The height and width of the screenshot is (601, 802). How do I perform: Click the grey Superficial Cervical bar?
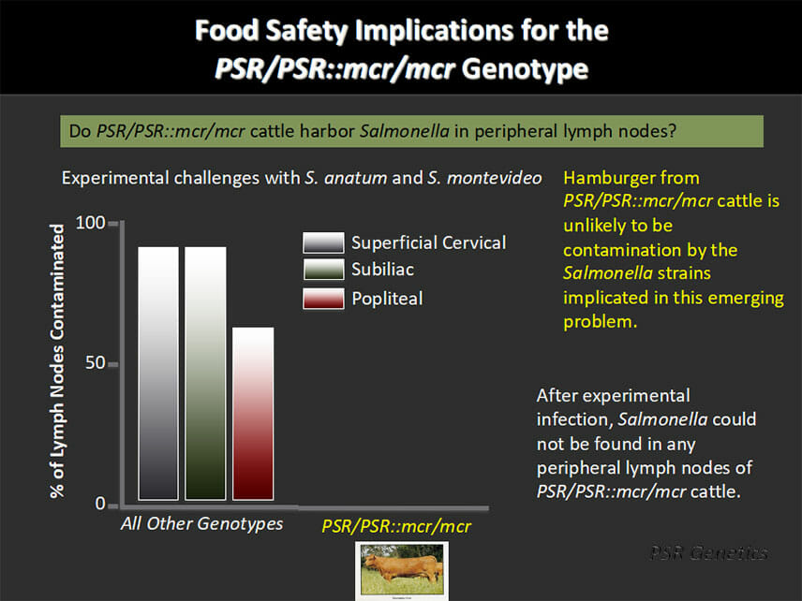[158, 374]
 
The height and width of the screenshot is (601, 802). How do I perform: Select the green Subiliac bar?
[205, 374]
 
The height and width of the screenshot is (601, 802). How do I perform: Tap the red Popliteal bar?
[253, 414]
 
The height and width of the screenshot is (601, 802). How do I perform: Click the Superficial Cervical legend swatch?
[323, 242]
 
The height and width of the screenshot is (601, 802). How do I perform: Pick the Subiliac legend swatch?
[323, 270]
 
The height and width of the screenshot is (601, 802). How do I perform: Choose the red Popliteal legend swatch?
[323, 299]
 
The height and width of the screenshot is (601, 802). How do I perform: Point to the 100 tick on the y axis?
[91, 223]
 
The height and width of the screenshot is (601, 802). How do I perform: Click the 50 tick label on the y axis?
[96, 363]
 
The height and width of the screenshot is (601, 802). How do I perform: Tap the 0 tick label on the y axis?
[100, 504]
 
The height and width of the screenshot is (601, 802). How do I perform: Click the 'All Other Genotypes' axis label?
[201, 524]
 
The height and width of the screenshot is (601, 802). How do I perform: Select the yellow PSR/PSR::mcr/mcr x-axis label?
[396, 526]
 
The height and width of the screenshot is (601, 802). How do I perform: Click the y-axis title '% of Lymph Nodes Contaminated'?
[57, 360]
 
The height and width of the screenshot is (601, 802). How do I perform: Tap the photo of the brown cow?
[402, 570]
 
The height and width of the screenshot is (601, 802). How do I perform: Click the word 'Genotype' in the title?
[525, 69]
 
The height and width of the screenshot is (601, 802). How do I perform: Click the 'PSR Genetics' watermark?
[709, 552]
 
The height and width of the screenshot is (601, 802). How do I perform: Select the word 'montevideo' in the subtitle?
[494, 179]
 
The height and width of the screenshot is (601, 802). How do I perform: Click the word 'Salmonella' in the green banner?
[405, 131]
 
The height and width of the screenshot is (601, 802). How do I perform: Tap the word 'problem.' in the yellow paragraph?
[601, 322]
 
